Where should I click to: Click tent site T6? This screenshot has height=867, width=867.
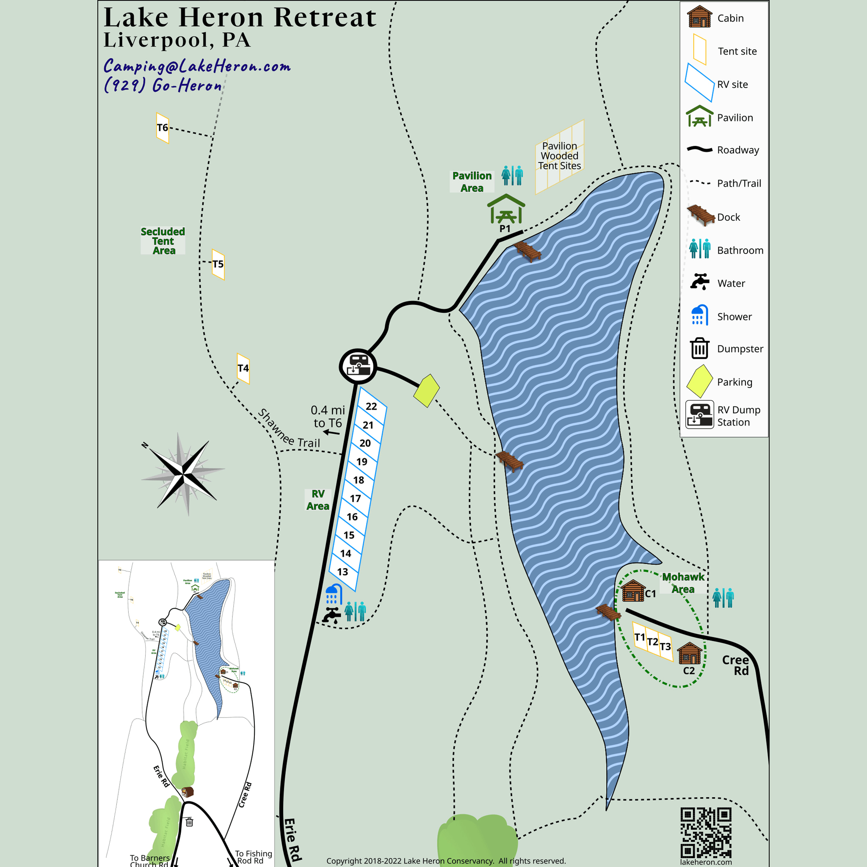pos(163,128)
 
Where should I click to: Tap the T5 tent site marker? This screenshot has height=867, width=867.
pos(218,264)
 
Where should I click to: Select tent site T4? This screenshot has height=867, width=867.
pos(243,368)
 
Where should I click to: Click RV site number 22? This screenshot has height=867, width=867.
pos(371,406)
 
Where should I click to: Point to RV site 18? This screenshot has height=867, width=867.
pos(359,480)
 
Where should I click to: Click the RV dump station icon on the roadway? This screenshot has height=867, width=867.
pos(358,366)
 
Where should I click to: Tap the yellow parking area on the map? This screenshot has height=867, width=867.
pos(426,390)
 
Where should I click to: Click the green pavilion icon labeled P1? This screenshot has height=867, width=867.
pos(506,209)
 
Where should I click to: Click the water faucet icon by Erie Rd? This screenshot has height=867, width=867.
pos(331,615)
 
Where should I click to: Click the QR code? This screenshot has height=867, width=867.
pos(706,833)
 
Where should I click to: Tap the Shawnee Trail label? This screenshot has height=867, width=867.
pos(289,428)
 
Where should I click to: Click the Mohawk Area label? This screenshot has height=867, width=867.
pos(683,583)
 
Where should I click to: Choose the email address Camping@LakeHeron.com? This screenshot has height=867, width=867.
pos(197,66)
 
